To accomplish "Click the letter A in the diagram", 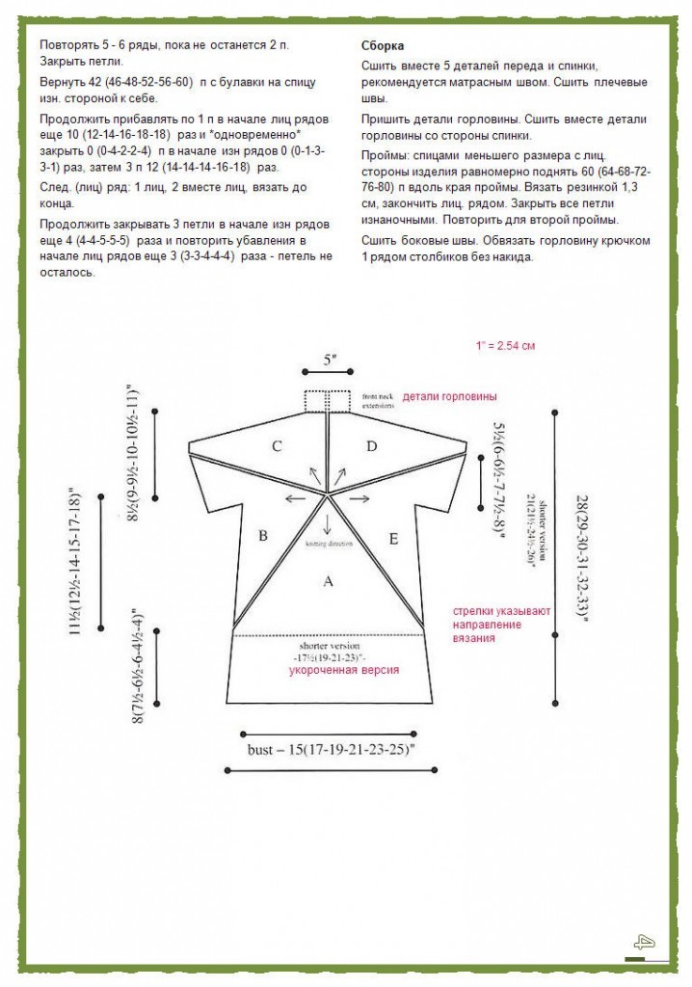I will [328, 581].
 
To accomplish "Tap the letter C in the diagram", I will [277, 446].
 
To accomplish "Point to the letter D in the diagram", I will [372, 446].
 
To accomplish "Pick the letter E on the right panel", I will [392, 539].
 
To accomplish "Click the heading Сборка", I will [383, 46].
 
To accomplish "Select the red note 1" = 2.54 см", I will [505, 345].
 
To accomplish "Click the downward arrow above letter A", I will [328, 522].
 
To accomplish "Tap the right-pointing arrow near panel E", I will [360, 499].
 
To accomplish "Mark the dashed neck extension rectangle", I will [328, 400].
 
